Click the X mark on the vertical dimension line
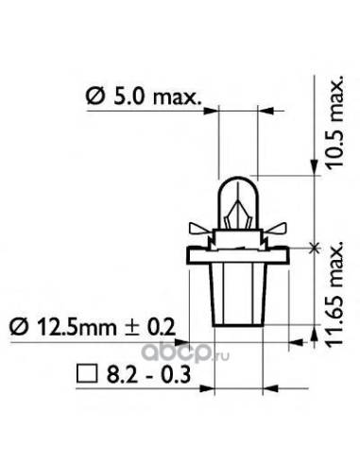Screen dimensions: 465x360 tap(315, 247)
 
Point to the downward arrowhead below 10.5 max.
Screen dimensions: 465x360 tap(315, 170)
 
